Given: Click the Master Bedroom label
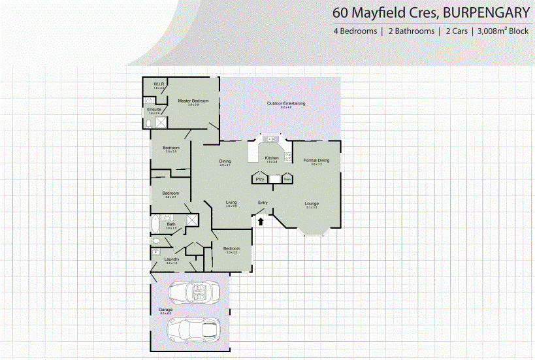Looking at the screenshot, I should [193, 101].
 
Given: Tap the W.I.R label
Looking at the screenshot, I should [158, 85].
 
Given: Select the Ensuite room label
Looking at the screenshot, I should [154, 109].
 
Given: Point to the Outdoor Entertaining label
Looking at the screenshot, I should [286, 104].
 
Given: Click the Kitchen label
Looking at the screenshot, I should [272, 158].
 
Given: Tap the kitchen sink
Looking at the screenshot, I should [270, 139].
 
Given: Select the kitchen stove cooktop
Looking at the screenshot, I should [288, 157].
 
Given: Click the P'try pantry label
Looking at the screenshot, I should [259, 178].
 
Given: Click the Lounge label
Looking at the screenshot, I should [312, 204].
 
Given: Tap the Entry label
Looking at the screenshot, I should [263, 203].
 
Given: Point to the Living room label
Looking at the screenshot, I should [231, 203].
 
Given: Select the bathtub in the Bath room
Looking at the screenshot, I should [154, 225].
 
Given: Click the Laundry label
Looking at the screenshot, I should [172, 259].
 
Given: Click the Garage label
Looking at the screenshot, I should [165, 310].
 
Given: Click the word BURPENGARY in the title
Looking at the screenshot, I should [483, 12].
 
